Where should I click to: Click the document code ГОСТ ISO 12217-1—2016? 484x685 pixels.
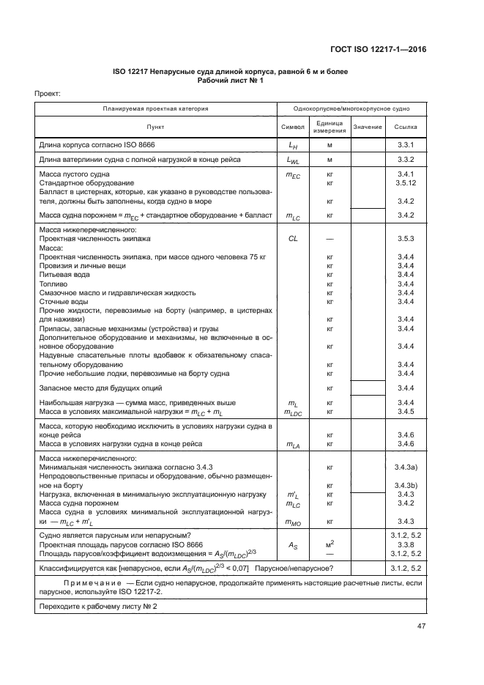tap(379, 50)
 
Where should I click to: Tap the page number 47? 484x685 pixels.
tap(422, 626)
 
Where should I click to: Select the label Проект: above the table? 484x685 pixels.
tap(48, 94)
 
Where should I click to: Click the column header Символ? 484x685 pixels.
tap(293, 127)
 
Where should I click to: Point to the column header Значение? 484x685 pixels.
tap(368, 127)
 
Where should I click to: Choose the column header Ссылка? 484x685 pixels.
tap(406, 127)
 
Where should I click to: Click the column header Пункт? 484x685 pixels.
tap(155, 127)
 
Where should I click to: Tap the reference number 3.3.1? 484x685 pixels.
tap(406, 146)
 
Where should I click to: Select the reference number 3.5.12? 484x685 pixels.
tap(406, 182)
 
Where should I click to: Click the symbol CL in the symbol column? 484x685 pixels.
tap(293, 239)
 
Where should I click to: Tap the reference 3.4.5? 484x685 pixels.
tap(406, 412)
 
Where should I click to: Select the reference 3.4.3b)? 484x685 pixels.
tap(406, 486)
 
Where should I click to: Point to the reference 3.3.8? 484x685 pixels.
tap(406, 544)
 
